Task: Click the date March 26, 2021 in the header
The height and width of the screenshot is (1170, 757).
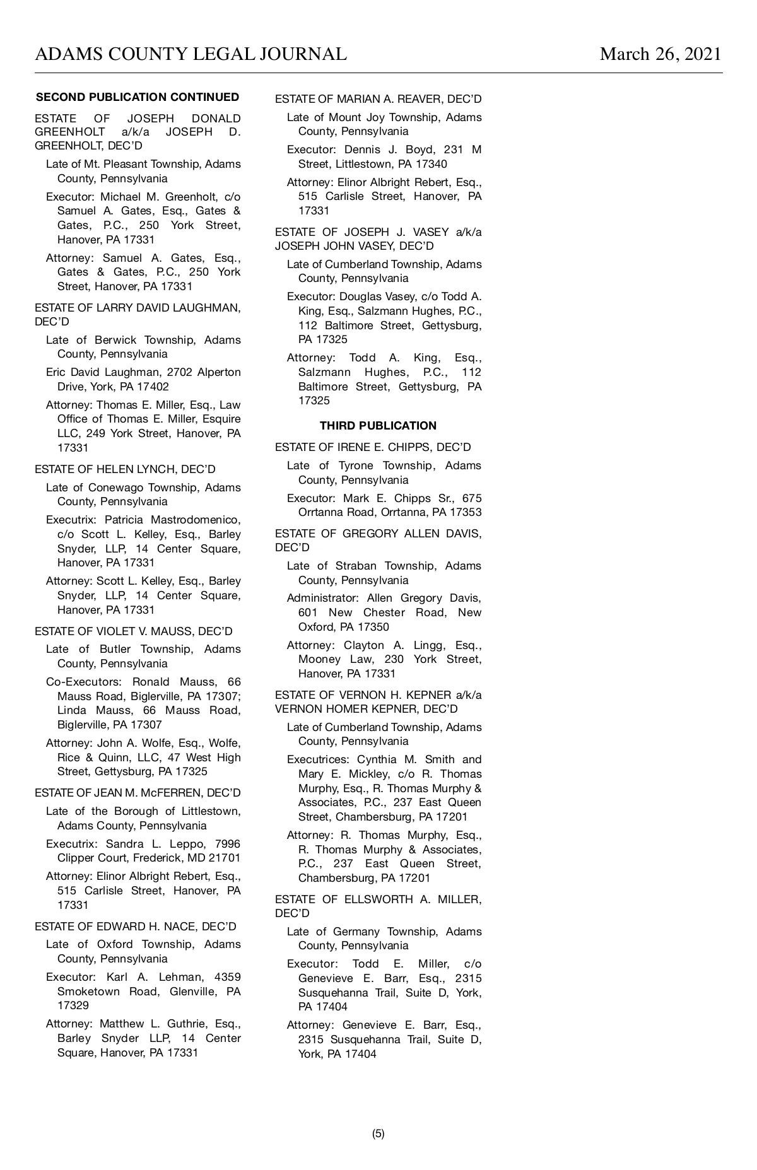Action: point(660,54)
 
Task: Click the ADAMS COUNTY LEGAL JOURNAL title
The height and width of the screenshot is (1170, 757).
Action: point(191,54)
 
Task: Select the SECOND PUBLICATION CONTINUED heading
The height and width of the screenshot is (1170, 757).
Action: point(138,97)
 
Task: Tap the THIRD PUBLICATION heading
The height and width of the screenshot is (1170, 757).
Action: point(378,426)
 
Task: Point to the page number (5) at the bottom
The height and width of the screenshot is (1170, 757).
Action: point(378,1133)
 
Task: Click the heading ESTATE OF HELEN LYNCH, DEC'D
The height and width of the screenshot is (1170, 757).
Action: point(125,469)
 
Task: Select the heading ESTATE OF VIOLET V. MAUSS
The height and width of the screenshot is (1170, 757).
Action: point(134,631)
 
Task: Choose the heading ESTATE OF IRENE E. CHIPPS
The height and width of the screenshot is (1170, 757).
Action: point(373,447)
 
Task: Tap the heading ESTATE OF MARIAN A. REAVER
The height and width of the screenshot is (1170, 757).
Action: point(378,99)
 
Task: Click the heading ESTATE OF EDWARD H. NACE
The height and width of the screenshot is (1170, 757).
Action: point(136,927)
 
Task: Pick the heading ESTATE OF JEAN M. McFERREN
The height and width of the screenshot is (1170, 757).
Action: point(138,793)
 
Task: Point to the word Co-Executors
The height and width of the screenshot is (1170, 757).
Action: point(83,682)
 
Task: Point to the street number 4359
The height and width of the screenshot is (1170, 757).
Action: point(227,977)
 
